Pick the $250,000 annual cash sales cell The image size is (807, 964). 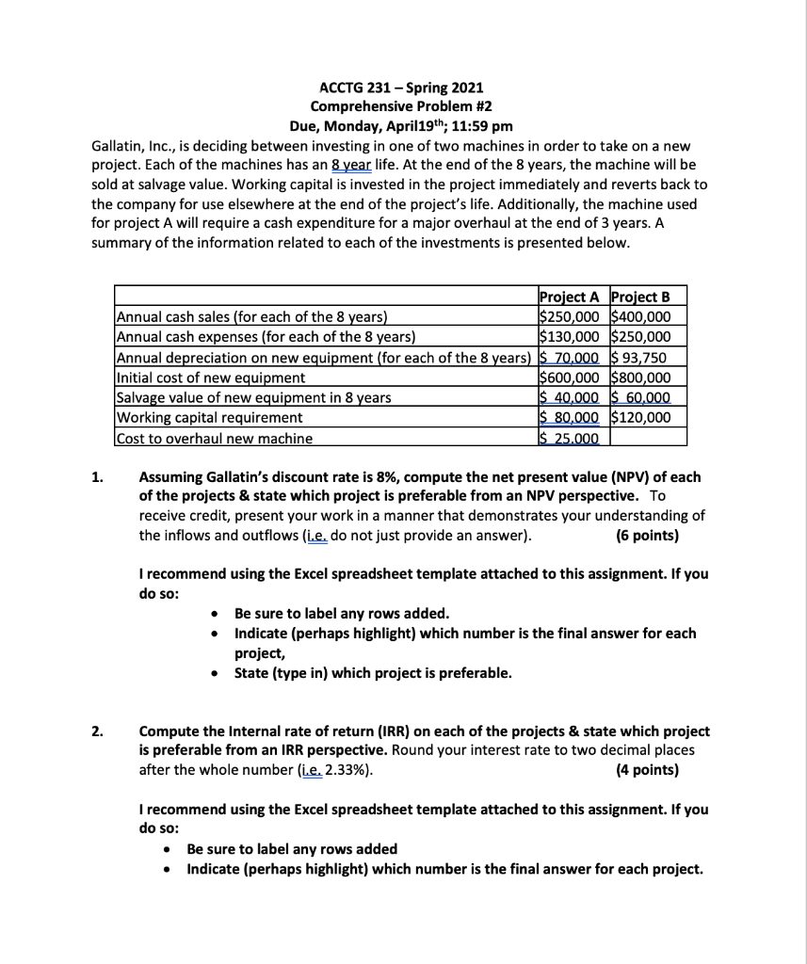click(x=573, y=316)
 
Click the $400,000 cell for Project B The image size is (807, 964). click(x=648, y=316)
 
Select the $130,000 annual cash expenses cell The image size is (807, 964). click(x=573, y=336)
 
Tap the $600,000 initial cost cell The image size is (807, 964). click(x=573, y=377)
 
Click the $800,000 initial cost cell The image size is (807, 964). click(x=648, y=377)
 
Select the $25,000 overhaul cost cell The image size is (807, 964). click(x=569, y=437)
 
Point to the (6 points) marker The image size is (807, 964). click(x=646, y=536)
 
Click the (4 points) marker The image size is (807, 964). click(x=645, y=769)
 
